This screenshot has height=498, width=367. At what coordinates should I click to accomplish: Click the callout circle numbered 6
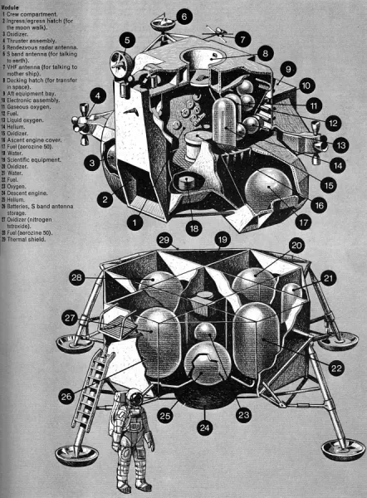(183, 16)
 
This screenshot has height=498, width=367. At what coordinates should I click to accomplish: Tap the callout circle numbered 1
(133, 222)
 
